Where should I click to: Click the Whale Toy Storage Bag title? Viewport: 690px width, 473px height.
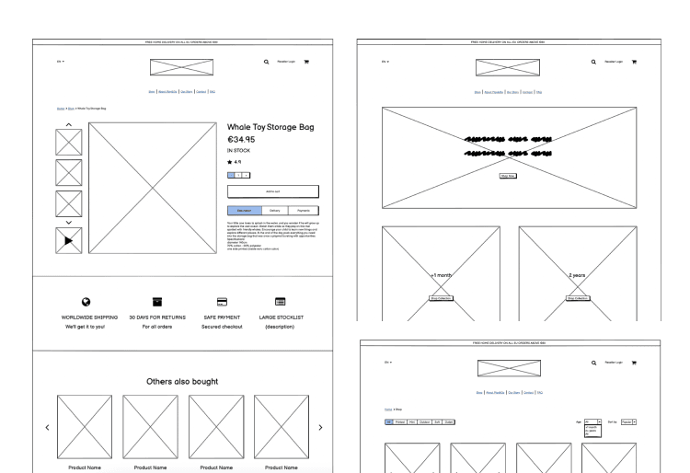pos(270,127)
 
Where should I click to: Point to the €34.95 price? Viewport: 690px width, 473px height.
pos(241,140)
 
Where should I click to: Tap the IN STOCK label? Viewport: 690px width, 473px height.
pos(237,150)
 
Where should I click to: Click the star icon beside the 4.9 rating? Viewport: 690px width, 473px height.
pos(230,162)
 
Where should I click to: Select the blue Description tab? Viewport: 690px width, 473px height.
pos(244,211)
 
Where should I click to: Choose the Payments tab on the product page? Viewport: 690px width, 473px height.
pos(304,211)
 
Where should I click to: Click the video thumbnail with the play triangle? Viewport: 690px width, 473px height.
pos(69,240)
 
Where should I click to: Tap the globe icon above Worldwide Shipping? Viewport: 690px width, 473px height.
pos(86,302)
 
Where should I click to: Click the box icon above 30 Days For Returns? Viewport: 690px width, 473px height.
pos(157,302)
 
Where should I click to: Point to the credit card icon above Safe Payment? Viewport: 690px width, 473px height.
pos(222,302)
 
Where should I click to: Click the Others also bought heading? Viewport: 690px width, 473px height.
pos(182,381)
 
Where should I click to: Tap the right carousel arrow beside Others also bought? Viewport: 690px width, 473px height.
pos(320,428)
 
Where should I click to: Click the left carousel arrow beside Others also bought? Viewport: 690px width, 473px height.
pos(47,428)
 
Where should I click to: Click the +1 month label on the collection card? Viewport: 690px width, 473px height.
pos(441,275)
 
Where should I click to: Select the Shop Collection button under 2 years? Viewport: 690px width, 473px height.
pos(577,298)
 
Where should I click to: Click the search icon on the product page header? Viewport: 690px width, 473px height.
pos(267,63)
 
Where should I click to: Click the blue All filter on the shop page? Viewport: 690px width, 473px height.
pos(389,421)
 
